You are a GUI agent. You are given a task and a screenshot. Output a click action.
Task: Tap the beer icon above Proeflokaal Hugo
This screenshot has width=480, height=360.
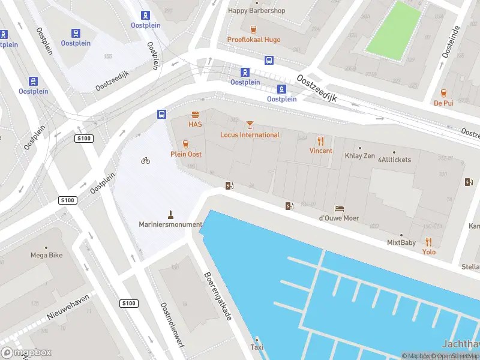253,29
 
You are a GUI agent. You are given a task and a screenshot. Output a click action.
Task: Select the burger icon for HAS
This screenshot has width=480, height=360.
195,115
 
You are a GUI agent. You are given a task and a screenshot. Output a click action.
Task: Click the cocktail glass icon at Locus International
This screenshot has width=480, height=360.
250,125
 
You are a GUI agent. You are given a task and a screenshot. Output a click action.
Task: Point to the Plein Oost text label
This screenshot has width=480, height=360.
186,154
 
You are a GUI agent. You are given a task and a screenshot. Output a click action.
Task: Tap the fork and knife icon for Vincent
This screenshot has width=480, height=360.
321,141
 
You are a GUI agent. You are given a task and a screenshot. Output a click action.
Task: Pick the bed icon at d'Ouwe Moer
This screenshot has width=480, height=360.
339,208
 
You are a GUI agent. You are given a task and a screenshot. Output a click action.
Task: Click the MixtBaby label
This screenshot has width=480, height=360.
401,243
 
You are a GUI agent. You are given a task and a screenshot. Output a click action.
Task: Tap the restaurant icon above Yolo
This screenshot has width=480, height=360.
428,242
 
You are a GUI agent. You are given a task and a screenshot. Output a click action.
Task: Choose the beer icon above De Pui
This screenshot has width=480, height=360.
443,93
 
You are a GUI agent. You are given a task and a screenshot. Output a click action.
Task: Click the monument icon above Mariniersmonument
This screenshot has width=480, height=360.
171,214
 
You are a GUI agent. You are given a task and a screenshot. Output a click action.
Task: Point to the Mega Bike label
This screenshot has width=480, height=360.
47,255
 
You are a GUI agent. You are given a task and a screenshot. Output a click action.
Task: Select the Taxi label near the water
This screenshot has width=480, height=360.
257,347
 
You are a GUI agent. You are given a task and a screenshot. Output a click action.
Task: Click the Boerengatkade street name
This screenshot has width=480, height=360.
218,296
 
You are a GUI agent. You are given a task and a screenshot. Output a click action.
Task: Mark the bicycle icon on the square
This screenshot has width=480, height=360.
145,160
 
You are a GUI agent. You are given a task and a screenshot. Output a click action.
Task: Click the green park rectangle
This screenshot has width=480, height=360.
394,31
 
